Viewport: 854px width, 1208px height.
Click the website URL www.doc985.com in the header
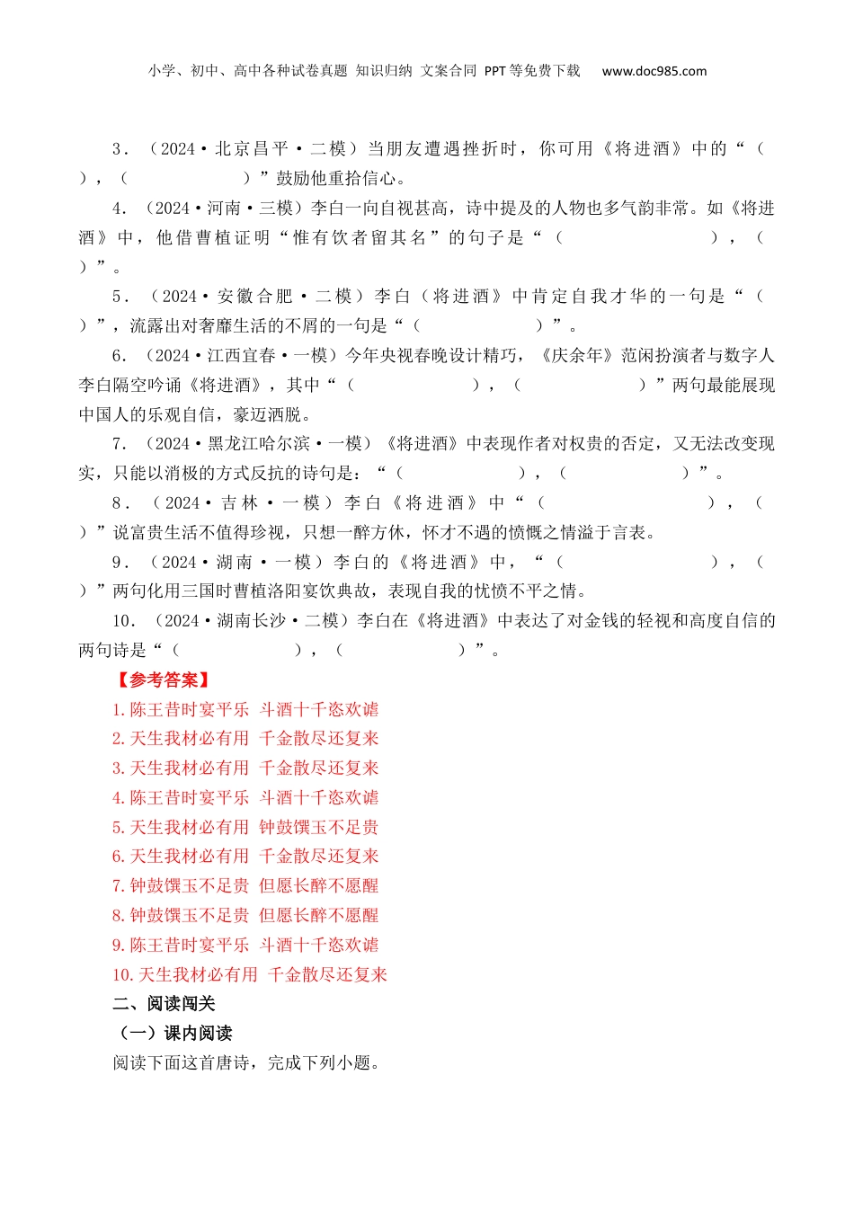click(x=654, y=71)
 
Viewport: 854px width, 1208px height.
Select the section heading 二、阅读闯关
click(x=164, y=1004)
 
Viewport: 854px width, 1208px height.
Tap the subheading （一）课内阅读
click(x=173, y=1034)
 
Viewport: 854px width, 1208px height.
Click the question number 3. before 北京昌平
click(x=120, y=149)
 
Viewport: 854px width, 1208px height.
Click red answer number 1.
click(x=118, y=710)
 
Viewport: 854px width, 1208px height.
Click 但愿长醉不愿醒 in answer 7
click(x=319, y=886)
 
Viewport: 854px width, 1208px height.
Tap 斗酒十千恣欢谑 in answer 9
click(x=319, y=946)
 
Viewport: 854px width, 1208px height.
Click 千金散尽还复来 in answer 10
click(x=328, y=975)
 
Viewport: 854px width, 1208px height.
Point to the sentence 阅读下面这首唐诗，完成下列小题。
click(x=247, y=1063)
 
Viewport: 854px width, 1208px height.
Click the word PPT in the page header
click(x=494, y=71)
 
